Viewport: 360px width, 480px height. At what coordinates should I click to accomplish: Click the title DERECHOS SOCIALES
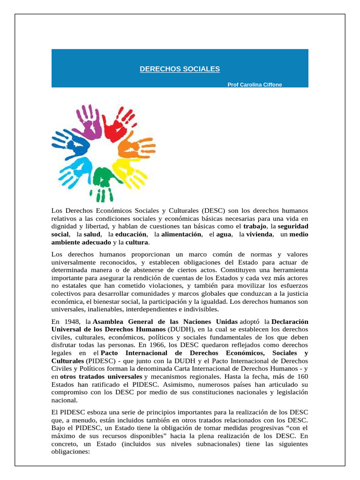(180, 69)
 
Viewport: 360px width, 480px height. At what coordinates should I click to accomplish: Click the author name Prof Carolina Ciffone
(255, 85)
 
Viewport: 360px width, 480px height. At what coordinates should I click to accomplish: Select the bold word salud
(91, 234)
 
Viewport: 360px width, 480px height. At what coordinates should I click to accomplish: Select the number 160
(302, 376)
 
